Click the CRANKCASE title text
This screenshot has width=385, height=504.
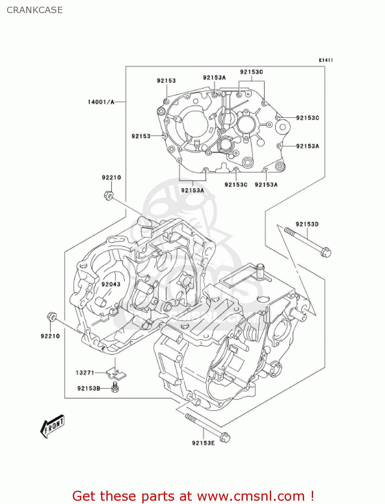[x=35, y=10]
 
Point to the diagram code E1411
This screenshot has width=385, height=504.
[x=326, y=60]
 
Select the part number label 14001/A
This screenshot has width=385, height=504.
[x=101, y=102]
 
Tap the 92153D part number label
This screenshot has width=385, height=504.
[x=307, y=224]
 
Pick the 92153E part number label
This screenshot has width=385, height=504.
[x=203, y=443]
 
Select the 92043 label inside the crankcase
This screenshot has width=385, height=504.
[x=111, y=284]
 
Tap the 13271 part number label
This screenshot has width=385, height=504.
[x=85, y=373]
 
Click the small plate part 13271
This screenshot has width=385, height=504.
[x=116, y=373]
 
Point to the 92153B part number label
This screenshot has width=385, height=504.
[x=89, y=388]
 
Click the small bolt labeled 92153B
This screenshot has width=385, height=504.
[x=115, y=387]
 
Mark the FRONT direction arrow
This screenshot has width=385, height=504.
[x=52, y=426]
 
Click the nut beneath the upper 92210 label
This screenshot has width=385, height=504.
[x=108, y=195]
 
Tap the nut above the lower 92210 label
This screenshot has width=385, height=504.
[x=51, y=317]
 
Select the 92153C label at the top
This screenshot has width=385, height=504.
[x=251, y=72]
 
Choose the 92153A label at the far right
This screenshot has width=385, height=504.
[x=307, y=146]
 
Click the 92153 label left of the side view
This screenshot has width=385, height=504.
[x=141, y=136]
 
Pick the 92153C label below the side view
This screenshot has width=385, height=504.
[x=236, y=184]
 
